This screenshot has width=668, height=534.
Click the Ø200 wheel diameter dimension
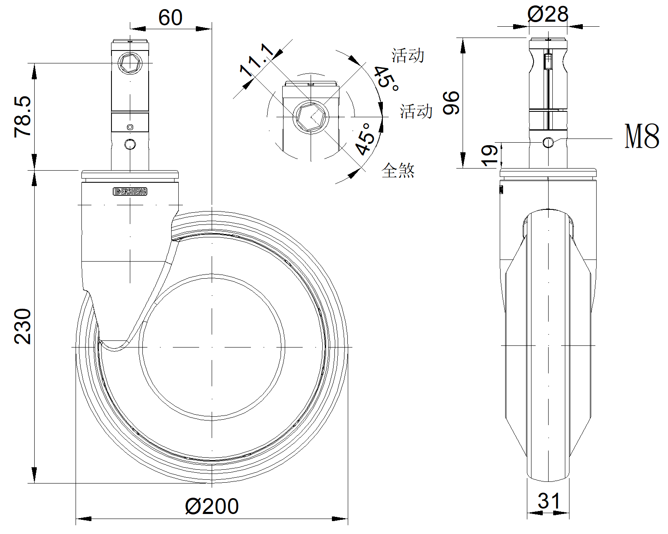point(212,506)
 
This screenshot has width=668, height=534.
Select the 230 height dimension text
point(23,326)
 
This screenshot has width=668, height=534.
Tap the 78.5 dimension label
point(23,117)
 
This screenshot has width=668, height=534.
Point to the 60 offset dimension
point(170,18)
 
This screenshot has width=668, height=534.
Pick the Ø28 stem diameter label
point(548,14)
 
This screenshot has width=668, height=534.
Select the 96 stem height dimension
point(451,103)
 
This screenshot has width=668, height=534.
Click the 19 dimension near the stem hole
point(490,155)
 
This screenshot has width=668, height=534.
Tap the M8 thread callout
point(642,136)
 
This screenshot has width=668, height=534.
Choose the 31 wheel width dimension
point(548,501)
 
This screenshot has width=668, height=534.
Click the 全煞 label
point(398,170)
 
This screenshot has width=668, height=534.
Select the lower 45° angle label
point(362,139)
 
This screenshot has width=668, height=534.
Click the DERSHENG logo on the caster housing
point(130,191)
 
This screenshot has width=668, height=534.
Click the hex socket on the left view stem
point(130,63)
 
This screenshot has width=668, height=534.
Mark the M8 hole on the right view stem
point(548,143)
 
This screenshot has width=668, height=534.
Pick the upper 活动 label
point(407,55)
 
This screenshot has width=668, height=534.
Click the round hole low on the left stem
point(130,144)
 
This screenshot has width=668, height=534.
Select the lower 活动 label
point(416,111)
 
